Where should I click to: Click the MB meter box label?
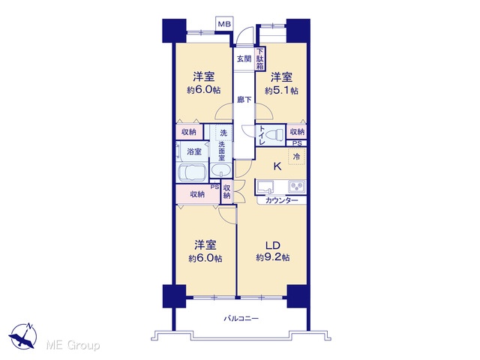pyautogui.click(x=224, y=23)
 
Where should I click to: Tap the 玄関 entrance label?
pyautogui.click(x=244, y=58)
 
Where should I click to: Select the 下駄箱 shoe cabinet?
pyautogui.click(x=260, y=58)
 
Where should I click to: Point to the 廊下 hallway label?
pyautogui.click(x=244, y=100)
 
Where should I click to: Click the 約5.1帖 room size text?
pyautogui.click(x=281, y=91)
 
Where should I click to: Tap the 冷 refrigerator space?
pyautogui.click(x=297, y=157)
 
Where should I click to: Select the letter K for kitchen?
pyautogui.click(x=277, y=166)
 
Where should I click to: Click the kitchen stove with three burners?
pyautogui.click(x=297, y=186)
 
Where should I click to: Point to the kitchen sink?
pyautogui.click(x=265, y=187)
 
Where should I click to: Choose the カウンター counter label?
pyautogui.click(x=282, y=200)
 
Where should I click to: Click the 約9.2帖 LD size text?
pyautogui.click(x=273, y=257)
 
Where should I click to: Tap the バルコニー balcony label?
pyautogui.click(x=241, y=319)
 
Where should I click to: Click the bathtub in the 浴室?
pyautogui.click(x=193, y=173)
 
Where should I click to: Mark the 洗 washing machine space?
pyautogui.click(x=223, y=133)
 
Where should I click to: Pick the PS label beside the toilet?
pyautogui.click(x=297, y=143)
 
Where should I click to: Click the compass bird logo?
pyautogui.click(x=23, y=336)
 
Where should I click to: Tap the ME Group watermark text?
pyautogui.click(x=73, y=345)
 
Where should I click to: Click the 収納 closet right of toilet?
pyautogui.click(x=297, y=132)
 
